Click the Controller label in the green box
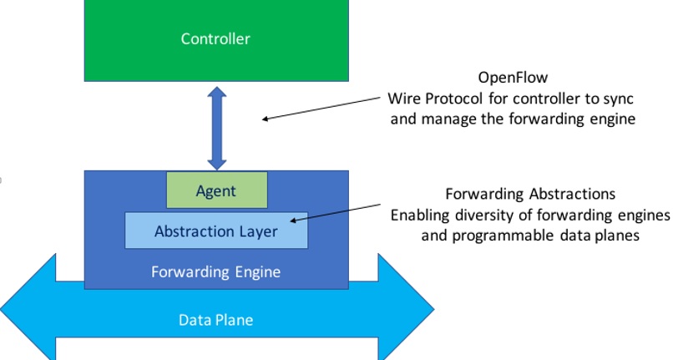pyautogui.click(x=215, y=38)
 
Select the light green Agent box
pyautogui.click(x=216, y=190)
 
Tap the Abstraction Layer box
pyautogui.click(x=215, y=231)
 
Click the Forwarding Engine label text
pyautogui.click(x=215, y=271)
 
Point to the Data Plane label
pyautogui.click(x=215, y=320)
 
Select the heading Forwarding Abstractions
pyautogui.click(x=530, y=195)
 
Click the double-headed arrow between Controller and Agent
pyautogui.click(x=217, y=126)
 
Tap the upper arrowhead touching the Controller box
pyautogui.click(x=217, y=92)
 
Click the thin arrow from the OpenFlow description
pyautogui.click(x=326, y=108)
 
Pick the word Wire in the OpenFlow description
pyautogui.click(x=403, y=99)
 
